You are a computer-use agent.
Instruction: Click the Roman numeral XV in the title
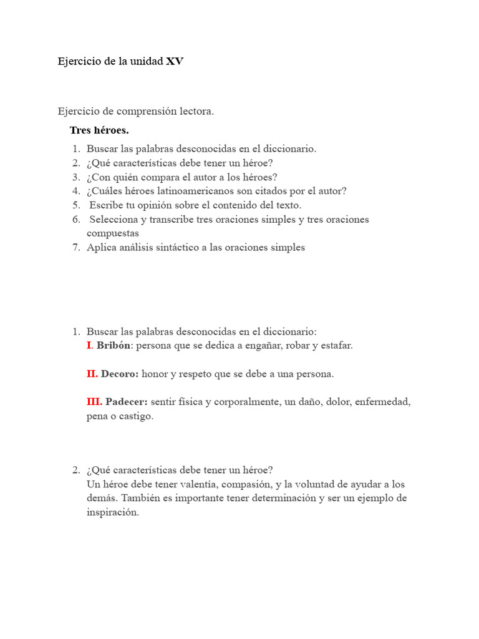click(175, 62)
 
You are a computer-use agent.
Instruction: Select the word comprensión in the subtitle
click(142, 111)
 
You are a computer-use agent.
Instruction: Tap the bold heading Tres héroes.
click(99, 130)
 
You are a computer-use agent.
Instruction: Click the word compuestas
click(113, 233)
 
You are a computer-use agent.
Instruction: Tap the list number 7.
click(75, 247)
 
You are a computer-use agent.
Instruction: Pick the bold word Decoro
click(120, 374)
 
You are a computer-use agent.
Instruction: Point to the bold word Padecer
click(127, 402)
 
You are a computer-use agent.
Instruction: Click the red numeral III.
click(94, 402)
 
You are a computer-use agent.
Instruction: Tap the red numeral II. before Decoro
click(92, 374)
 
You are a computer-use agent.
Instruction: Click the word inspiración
click(113, 512)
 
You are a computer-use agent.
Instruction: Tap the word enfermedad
click(383, 402)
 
